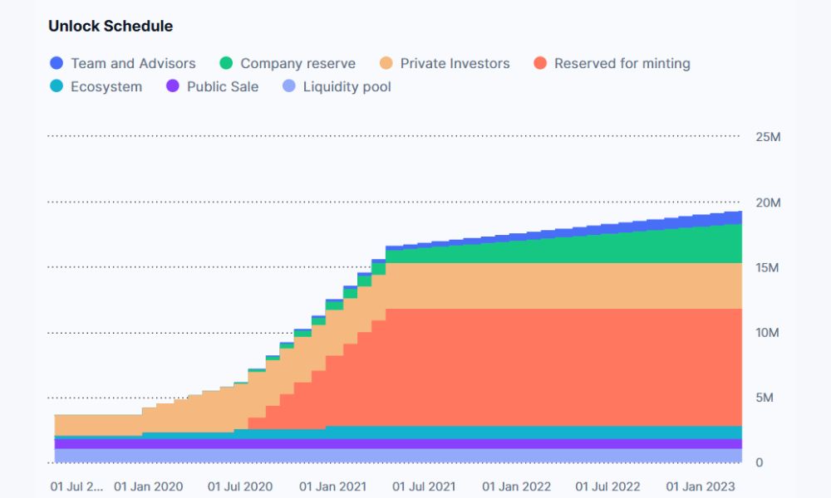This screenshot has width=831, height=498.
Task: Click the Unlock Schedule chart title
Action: tap(111, 26)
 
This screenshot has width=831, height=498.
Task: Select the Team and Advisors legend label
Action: tap(133, 63)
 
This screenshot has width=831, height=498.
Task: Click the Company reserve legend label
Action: tap(297, 63)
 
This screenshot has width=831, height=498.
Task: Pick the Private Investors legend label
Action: tap(455, 63)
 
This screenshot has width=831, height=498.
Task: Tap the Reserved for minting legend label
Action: tap(622, 63)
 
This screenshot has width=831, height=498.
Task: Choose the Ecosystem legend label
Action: tap(106, 86)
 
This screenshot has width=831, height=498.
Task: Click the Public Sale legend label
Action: tap(223, 86)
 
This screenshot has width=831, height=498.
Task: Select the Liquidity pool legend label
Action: tap(347, 86)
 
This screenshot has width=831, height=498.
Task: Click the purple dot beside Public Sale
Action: tap(173, 86)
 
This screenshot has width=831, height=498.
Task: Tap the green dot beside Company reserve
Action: tap(226, 63)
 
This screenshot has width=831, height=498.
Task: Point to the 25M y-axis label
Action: tap(767, 137)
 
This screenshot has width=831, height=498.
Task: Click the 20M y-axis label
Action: tap(767, 203)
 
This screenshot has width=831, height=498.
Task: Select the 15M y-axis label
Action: tap(767, 268)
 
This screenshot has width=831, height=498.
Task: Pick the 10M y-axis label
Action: tap(767, 333)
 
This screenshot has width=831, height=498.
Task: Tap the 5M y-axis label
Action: tap(764, 398)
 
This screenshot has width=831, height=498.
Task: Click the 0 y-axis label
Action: tap(759, 462)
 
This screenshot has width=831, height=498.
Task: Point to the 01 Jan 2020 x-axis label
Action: tap(148, 486)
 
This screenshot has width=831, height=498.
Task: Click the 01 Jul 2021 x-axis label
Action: tap(424, 486)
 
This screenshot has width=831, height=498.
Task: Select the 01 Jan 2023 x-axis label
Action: tap(701, 486)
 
